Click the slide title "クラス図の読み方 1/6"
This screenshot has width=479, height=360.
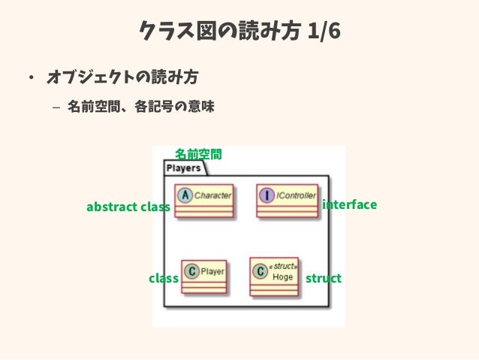(239, 32)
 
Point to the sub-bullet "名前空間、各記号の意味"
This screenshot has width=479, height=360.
(140, 107)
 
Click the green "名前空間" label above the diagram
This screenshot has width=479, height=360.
(198, 154)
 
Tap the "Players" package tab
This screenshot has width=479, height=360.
(183, 168)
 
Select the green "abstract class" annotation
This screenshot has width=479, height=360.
(128, 207)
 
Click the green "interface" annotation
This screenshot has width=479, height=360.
(349, 204)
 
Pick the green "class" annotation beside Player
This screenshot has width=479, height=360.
(163, 278)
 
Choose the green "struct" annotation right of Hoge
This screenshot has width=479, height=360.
(324, 278)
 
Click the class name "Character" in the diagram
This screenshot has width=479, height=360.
(212, 195)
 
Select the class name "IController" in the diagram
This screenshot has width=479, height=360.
(296, 195)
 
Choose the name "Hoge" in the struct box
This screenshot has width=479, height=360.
(283, 277)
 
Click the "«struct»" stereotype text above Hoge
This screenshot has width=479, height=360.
(284, 266)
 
